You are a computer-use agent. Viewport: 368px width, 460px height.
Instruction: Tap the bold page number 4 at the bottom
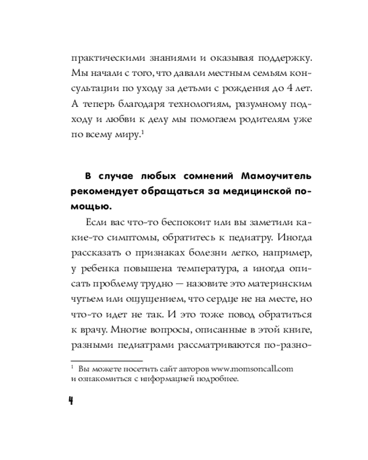click(x=71, y=400)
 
